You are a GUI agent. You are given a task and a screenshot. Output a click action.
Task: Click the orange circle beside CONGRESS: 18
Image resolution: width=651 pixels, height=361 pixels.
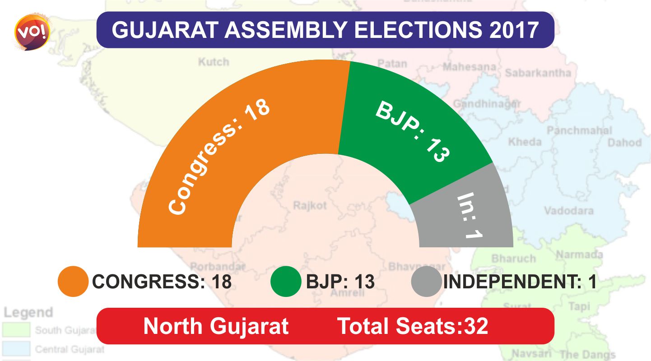(73, 282)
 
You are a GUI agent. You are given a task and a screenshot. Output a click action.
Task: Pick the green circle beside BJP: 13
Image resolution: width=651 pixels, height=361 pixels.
(285, 282)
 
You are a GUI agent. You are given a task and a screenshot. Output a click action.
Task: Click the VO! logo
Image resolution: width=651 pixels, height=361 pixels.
(33, 32)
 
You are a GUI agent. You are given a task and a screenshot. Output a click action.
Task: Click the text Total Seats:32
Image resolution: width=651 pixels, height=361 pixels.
(413, 326)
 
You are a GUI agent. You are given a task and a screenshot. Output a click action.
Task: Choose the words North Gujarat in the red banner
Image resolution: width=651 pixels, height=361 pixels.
(216, 326)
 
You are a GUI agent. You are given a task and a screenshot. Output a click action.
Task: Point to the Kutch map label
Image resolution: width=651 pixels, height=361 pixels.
(214, 62)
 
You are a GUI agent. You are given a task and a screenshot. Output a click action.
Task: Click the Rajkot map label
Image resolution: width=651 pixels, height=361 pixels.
(310, 206)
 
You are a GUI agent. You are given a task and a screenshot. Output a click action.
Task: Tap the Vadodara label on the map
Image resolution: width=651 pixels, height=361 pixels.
(568, 211)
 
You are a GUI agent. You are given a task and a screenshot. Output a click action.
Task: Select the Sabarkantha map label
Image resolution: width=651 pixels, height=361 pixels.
(538, 72)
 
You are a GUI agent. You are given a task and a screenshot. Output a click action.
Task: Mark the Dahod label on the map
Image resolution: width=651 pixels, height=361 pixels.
(624, 143)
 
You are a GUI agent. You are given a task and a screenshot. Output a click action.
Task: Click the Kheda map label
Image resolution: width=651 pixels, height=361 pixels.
(525, 142)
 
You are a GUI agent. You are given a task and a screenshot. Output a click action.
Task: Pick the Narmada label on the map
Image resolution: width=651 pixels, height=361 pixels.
(579, 254)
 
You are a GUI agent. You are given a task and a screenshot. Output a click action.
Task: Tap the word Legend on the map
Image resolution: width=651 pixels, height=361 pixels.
(28, 312)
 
